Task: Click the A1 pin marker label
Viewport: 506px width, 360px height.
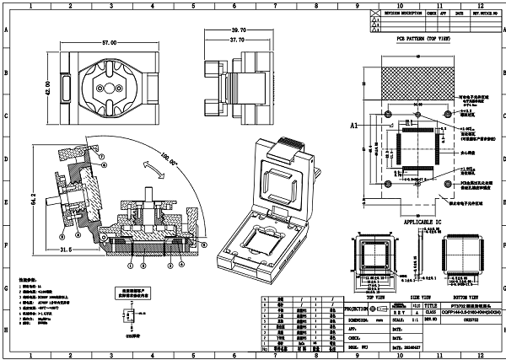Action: coord(355,125)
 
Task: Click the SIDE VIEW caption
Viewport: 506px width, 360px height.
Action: coord(418,298)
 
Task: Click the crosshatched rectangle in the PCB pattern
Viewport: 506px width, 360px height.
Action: coord(419,81)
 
